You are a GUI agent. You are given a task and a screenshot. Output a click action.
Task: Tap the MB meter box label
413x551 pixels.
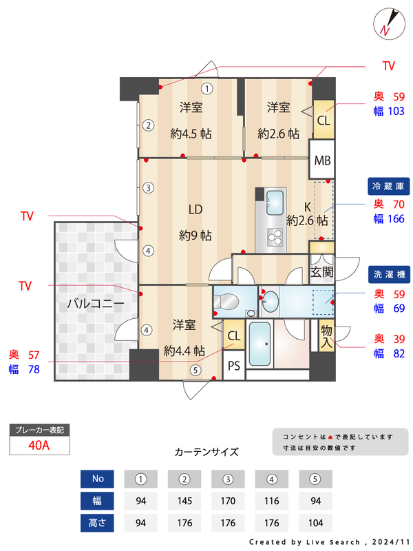point(322,160)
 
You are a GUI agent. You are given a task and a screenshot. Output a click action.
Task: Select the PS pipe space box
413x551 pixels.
point(234,366)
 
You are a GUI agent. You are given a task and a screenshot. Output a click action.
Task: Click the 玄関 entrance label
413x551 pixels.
point(321,272)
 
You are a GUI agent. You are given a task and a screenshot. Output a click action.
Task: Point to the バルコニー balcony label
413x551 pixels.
point(96,304)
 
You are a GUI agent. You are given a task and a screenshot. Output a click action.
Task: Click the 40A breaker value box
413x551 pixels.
point(39,445)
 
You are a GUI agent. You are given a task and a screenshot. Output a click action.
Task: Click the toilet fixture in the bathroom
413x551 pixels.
point(226,302)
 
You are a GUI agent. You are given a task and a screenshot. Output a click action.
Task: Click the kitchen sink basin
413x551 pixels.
point(274,203)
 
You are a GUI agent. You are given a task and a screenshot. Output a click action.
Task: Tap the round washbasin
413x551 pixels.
point(271,301)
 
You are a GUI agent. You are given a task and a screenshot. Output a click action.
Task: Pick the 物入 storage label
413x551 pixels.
point(326,335)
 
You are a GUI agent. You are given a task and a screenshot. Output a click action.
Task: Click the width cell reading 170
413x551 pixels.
point(228,501)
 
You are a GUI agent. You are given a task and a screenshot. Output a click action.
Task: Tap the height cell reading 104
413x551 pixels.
point(315,523)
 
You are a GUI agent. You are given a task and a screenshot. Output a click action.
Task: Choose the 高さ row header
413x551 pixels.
point(97,523)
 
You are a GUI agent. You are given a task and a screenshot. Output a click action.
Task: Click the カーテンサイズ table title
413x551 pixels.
point(206,453)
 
